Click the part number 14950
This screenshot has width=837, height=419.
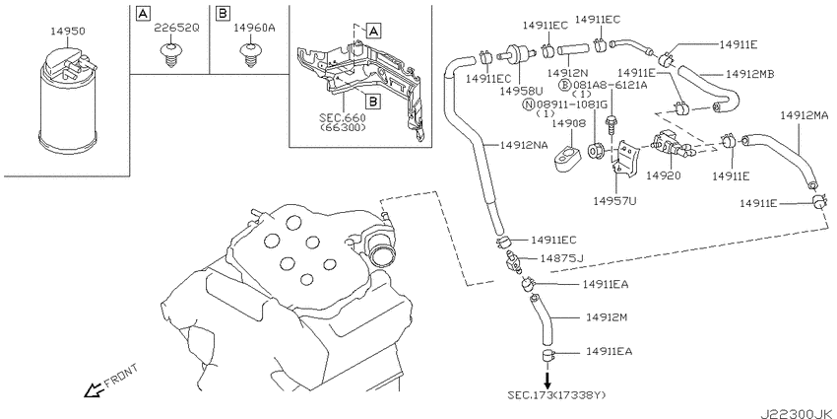67,32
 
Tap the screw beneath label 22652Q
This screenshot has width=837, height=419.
169,54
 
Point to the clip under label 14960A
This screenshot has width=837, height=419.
248,54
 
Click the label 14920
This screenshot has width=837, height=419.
663,175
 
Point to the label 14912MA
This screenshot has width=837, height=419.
804,115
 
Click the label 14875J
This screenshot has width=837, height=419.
561,258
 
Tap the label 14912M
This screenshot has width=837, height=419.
607,317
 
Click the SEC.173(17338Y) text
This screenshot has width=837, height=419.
556,395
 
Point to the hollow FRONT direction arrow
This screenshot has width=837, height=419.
95,390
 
